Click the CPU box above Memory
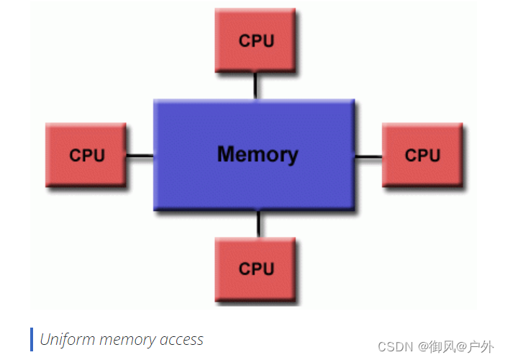pyautogui.click(x=255, y=41)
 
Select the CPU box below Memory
pyautogui.click(x=255, y=269)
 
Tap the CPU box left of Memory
pyautogui.click(x=86, y=155)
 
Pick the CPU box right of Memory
pyautogui.click(x=422, y=155)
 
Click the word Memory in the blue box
pyautogui.click(x=257, y=154)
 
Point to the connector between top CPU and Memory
pyautogui.click(x=255, y=86)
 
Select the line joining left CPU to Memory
pyautogui.click(x=140, y=156)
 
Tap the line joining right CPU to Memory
pyautogui.click(x=368, y=156)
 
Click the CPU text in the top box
pyautogui.click(x=256, y=41)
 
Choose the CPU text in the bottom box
pyautogui.click(x=256, y=269)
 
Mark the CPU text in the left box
pyautogui.click(x=87, y=155)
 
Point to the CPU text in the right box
pyautogui.click(x=422, y=155)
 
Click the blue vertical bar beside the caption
pyautogui.click(x=32, y=339)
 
